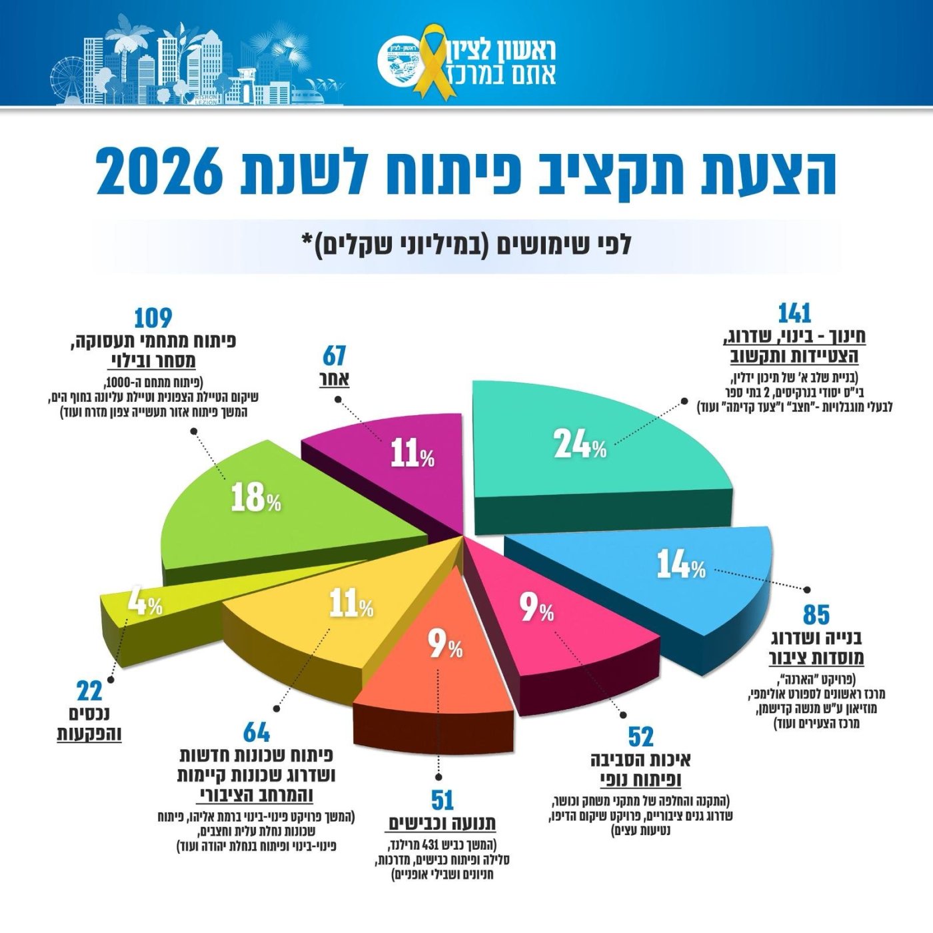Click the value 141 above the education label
click(x=794, y=313)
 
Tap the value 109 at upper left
click(x=153, y=318)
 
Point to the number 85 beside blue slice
click(x=816, y=614)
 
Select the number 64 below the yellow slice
click(x=257, y=732)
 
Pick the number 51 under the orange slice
click(x=443, y=800)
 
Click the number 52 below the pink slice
click(x=640, y=737)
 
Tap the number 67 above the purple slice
click(x=335, y=356)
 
